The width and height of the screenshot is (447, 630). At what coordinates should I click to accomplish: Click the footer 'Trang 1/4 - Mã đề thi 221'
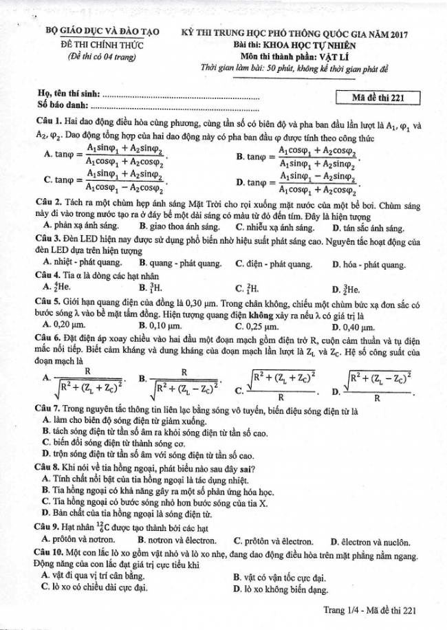click(370, 610)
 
